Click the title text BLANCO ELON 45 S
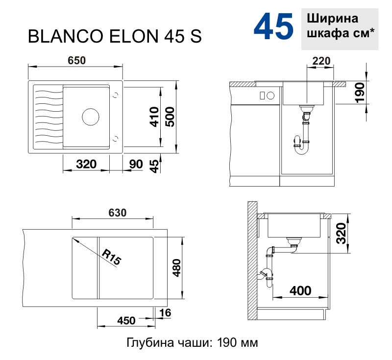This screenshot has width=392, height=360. pos(115,36)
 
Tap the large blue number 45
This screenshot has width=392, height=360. pos(273,27)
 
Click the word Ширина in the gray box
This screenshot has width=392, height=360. pos(332,19)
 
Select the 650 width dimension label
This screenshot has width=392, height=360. pos(76,60)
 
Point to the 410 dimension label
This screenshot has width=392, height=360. pos(153,117)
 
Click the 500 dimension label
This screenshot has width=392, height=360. pos(169,117)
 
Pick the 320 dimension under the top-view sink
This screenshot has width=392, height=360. pos(86,164)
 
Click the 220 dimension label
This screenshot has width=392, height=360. pos(321,61)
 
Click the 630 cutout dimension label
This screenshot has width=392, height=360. pos(118,213)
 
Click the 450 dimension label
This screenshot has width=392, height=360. pos(126,321)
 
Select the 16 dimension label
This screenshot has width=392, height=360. pos(165,313)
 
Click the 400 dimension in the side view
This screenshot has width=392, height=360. pos(300,290)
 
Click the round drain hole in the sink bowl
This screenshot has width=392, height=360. pos(91,117)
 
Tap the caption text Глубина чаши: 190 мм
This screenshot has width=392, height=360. pos(192,342)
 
